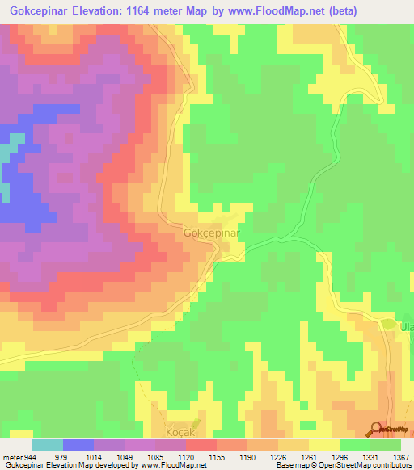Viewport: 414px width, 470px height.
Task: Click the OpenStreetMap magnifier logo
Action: coord(377,430)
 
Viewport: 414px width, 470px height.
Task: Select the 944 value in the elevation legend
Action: coord(26,458)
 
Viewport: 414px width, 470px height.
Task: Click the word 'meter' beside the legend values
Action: coord(9,458)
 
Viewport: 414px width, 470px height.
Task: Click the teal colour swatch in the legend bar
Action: coord(48,445)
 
